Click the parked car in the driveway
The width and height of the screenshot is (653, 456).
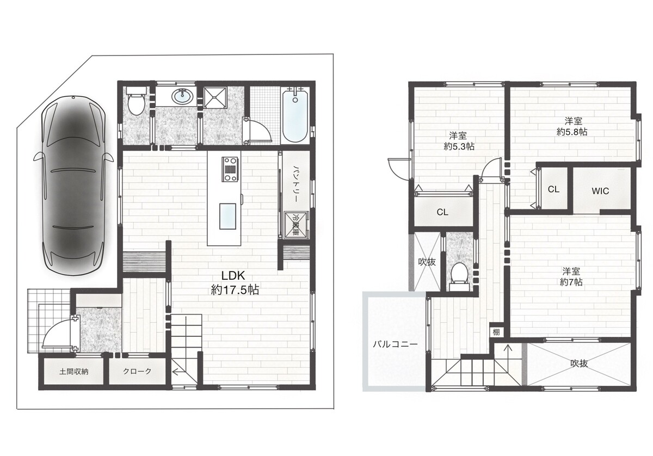73,186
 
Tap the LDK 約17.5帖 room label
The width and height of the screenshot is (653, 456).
235,282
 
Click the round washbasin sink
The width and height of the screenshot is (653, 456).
182,96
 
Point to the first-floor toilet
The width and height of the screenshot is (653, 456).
136,101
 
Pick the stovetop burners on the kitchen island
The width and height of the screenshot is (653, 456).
230,169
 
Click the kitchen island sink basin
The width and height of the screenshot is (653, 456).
227,217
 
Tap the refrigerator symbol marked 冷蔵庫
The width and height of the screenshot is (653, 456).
296,225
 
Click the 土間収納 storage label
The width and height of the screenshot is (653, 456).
74,372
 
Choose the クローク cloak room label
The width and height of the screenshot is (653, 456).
137,371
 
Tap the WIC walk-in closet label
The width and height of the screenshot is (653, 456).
600,191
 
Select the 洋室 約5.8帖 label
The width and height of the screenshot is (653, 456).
572,126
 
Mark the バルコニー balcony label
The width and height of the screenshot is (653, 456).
395,344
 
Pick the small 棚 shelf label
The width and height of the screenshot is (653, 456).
496,332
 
